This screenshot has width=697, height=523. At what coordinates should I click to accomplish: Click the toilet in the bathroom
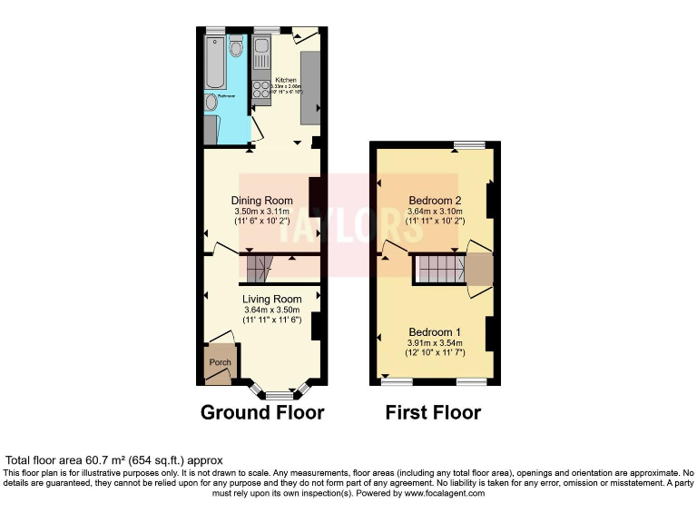click(236, 47)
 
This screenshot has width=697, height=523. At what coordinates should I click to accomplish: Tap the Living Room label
click(271, 299)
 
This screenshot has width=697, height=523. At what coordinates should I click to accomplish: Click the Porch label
click(220, 362)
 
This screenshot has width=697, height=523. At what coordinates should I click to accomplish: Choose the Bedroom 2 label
click(435, 201)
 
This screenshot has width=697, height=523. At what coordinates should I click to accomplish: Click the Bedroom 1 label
click(435, 331)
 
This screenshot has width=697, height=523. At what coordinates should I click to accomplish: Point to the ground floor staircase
click(258, 267)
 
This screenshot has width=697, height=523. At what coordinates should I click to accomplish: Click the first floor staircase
click(438, 268)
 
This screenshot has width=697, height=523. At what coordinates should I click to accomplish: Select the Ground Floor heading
click(262, 413)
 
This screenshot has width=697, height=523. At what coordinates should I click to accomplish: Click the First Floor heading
click(433, 413)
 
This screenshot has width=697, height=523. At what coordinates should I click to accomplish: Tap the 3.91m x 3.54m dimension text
click(435, 342)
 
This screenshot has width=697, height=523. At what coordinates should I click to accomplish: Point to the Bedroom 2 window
click(469, 144)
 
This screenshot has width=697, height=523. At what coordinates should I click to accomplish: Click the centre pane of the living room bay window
click(280, 395)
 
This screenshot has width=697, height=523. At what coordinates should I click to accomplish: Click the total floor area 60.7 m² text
click(113, 460)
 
